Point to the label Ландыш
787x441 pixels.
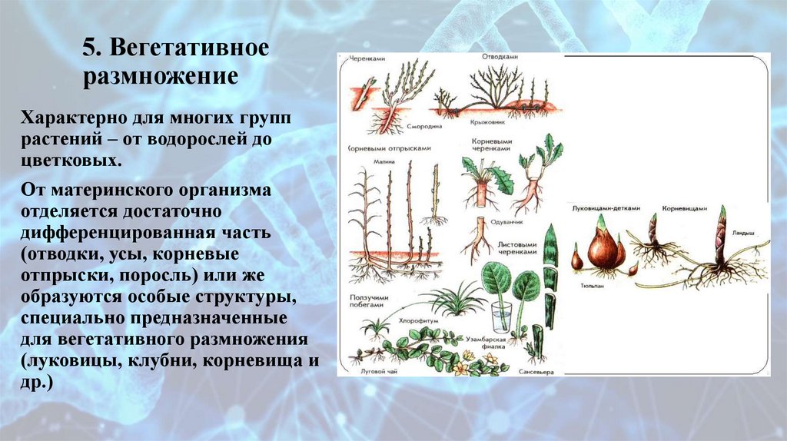[x=743, y=230]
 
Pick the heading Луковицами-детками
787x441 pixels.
[x=602, y=208]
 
